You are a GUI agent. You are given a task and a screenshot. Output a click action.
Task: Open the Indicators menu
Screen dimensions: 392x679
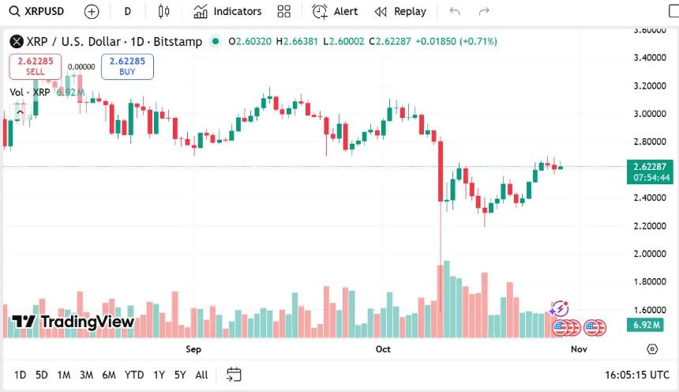(x=227, y=12)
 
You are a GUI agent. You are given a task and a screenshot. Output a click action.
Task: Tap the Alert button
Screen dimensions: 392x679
(x=336, y=12)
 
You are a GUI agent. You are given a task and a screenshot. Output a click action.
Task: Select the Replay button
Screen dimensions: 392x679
(x=400, y=12)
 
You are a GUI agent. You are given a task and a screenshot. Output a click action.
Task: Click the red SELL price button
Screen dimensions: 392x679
(x=36, y=66)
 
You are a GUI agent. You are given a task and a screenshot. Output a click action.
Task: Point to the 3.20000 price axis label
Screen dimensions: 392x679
(x=651, y=85)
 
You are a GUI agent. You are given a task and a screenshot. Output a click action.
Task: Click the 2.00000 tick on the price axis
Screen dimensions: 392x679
(x=651, y=254)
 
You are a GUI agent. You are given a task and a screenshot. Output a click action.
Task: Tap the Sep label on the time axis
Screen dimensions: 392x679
(x=193, y=349)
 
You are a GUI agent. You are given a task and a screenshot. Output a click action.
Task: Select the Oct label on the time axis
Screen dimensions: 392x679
(x=383, y=349)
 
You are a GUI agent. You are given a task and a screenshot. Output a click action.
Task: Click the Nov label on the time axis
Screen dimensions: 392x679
(x=579, y=349)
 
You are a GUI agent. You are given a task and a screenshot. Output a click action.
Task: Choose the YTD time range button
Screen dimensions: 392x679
(x=134, y=375)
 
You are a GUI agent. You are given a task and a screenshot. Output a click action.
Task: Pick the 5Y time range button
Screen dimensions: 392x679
(x=180, y=375)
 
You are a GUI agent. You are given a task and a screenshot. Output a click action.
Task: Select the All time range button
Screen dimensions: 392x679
(x=201, y=375)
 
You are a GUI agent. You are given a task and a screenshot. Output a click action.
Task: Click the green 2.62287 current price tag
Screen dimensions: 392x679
(x=649, y=167)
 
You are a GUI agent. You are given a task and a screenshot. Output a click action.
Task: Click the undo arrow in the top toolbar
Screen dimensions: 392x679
(x=454, y=12)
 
